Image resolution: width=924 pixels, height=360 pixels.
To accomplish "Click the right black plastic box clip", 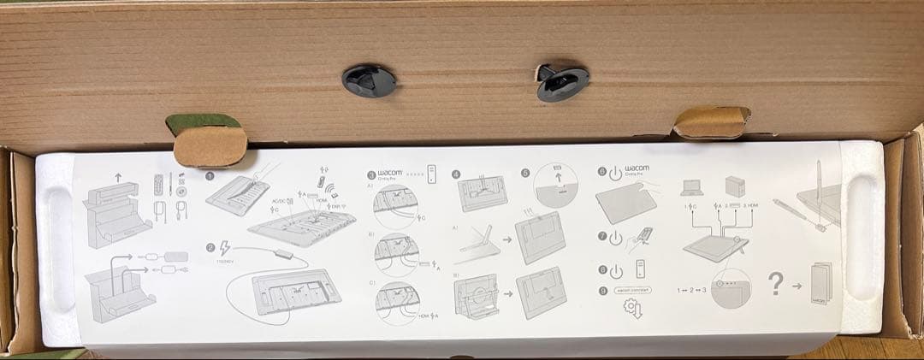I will (561, 81).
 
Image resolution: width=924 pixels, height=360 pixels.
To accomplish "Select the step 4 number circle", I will (456, 173).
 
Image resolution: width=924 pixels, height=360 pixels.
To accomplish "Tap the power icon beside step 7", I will (613, 236).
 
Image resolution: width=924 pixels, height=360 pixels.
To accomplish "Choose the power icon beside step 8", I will (613, 271).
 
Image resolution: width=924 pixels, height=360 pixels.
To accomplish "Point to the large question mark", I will (776, 283).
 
